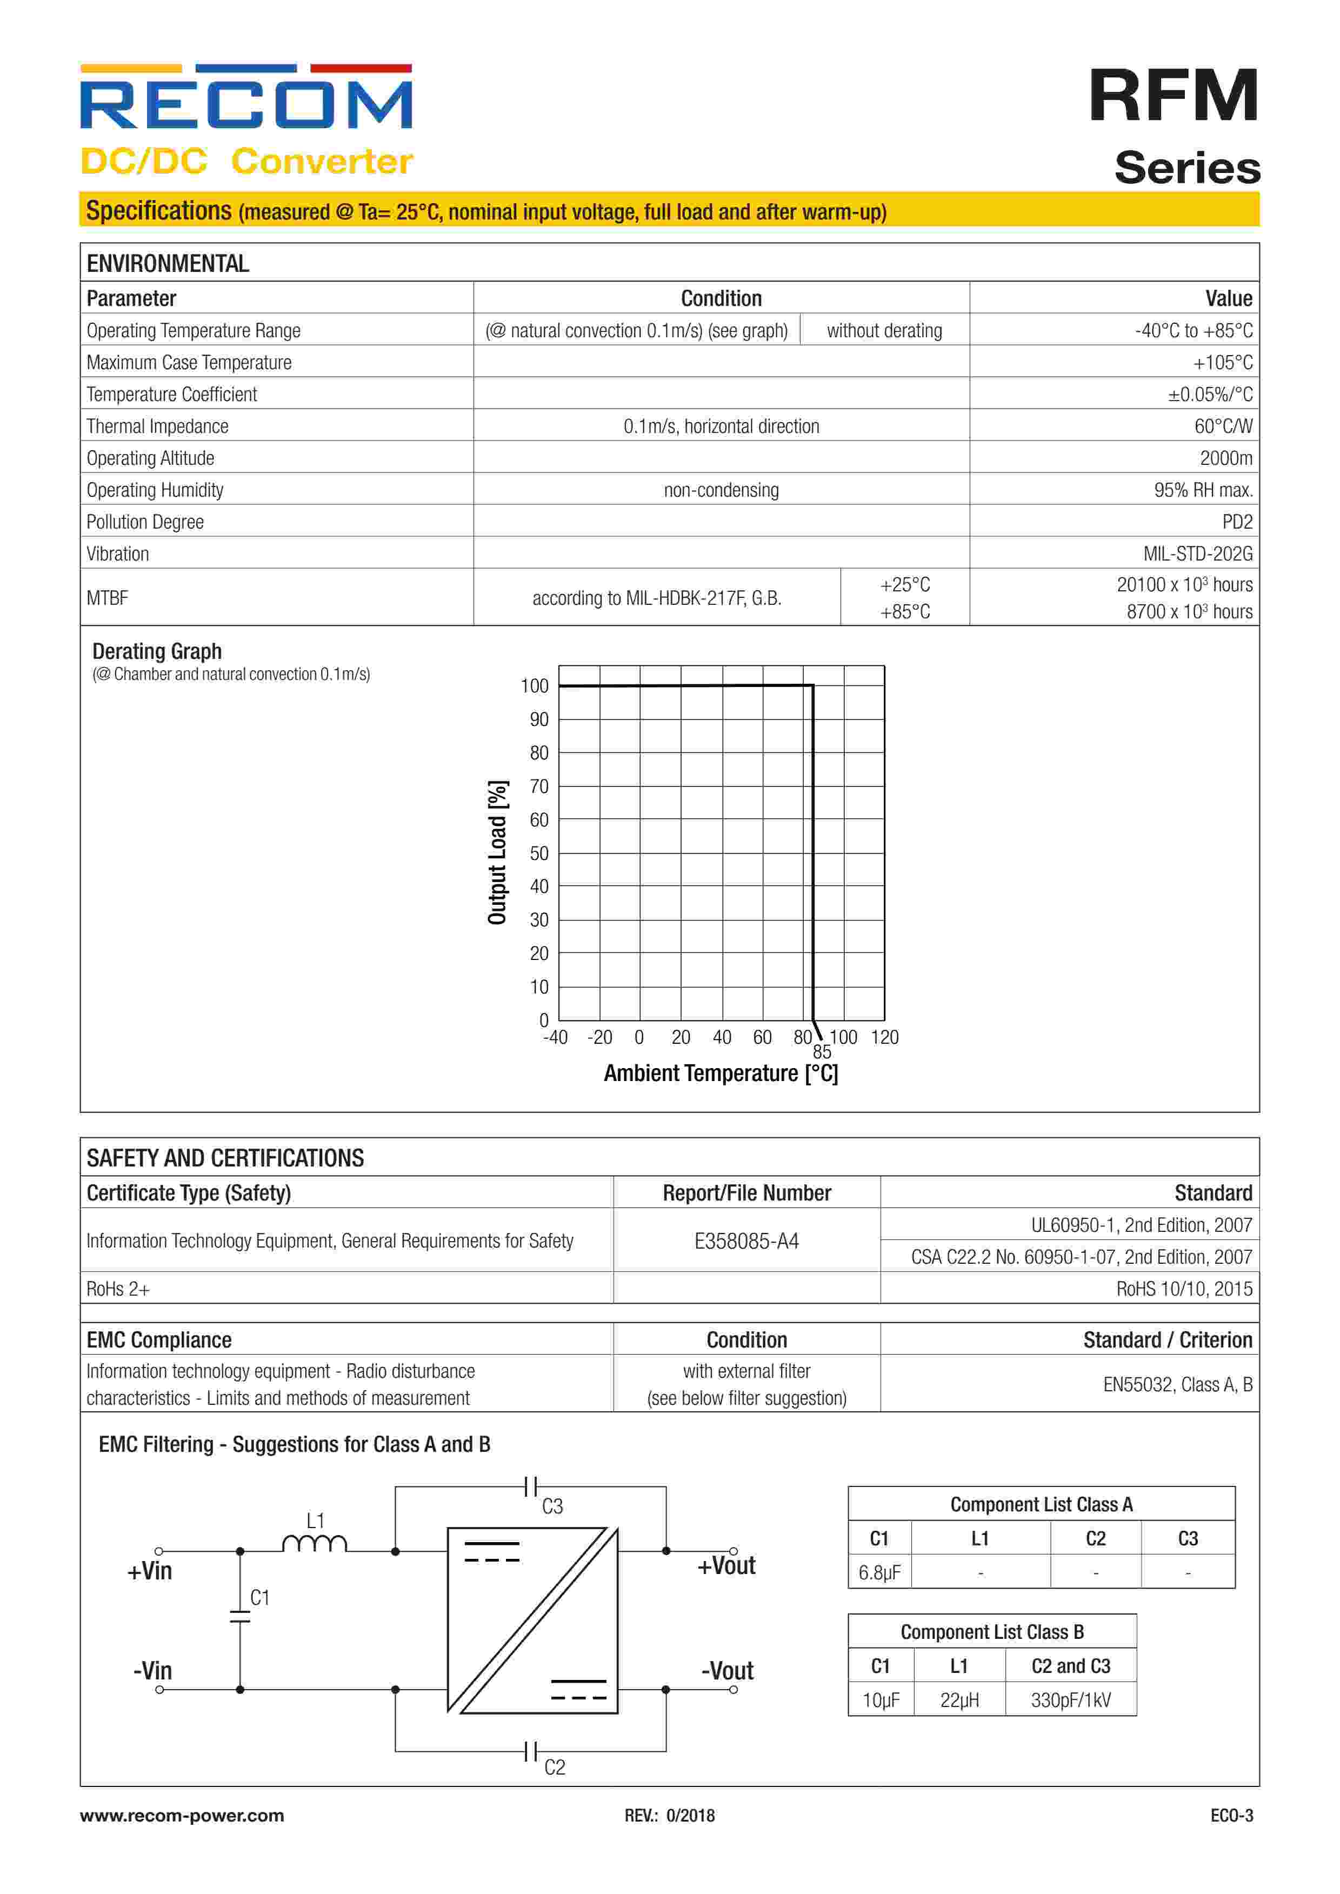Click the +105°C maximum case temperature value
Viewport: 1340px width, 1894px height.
pyautogui.click(x=1222, y=362)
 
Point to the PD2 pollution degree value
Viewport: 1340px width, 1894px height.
pyautogui.click(x=1237, y=522)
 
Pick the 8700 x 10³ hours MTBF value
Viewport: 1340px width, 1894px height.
pyautogui.click(x=1189, y=611)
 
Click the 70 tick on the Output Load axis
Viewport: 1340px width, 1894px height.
pyautogui.click(x=539, y=786)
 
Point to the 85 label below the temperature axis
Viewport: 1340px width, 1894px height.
pyautogui.click(x=822, y=1052)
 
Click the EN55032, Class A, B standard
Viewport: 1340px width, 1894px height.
pyautogui.click(x=1177, y=1384)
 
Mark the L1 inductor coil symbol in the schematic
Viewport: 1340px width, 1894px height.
pyautogui.click(x=315, y=1543)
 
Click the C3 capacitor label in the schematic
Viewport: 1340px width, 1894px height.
pyautogui.click(x=552, y=1506)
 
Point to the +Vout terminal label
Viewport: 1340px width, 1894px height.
pyautogui.click(x=726, y=1566)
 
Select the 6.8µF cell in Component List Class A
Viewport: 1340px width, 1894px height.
pyautogui.click(x=879, y=1572)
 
